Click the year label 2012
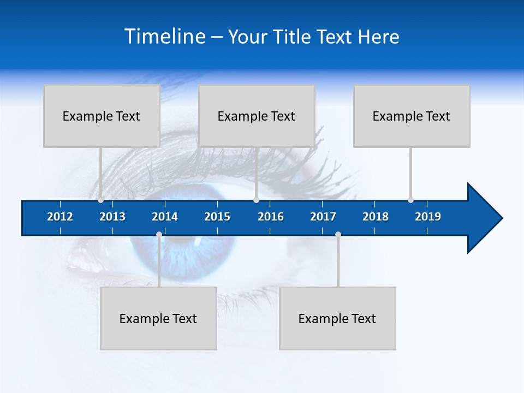click(60, 217)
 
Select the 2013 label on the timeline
click(112, 217)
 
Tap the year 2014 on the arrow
click(165, 217)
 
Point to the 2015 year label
click(217, 217)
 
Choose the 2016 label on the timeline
click(271, 217)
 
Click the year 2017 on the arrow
click(323, 217)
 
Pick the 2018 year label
click(376, 217)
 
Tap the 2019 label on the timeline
click(428, 217)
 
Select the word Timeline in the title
click(164, 37)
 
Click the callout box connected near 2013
click(102, 116)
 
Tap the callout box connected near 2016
click(257, 116)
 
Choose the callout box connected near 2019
click(412, 116)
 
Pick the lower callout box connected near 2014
click(158, 318)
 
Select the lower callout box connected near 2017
click(337, 318)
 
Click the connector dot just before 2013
click(100, 200)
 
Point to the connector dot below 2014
click(159, 235)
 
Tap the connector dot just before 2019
click(410, 200)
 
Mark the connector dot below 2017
click(338, 235)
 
